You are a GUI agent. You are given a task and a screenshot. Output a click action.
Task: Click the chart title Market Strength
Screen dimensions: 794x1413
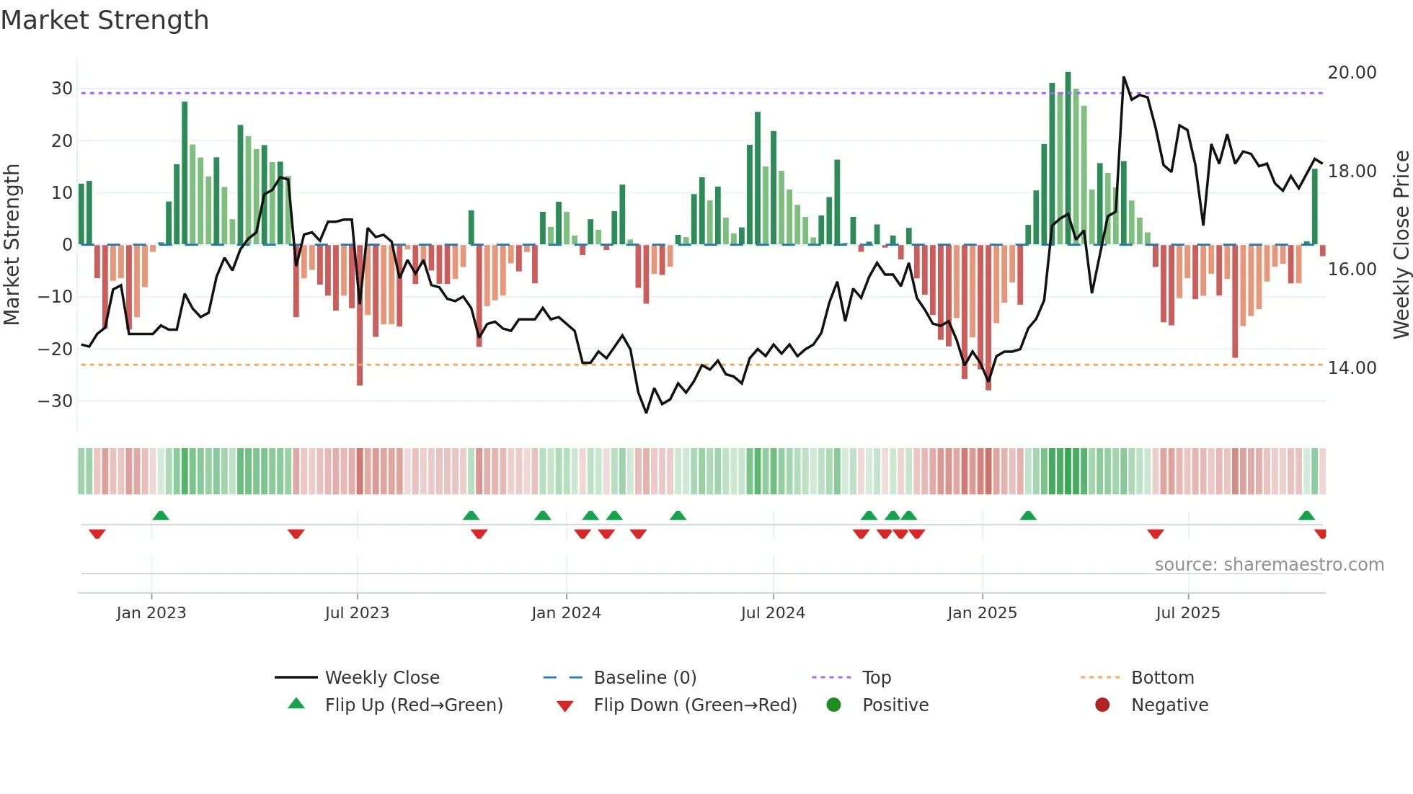pos(105,20)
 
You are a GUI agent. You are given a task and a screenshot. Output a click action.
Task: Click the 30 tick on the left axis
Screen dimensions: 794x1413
pos(62,89)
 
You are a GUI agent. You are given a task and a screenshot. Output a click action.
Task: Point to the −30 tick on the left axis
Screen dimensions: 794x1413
pos(56,401)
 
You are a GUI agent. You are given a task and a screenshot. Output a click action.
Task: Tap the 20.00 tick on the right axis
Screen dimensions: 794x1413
pos(1352,73)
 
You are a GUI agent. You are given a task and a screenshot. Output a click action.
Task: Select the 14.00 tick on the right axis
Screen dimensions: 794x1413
pos(1352,368)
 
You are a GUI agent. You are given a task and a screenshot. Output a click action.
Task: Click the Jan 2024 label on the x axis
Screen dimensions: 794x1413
pos(566,613)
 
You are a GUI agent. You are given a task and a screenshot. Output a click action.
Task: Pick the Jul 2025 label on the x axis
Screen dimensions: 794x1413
pos(1187,613)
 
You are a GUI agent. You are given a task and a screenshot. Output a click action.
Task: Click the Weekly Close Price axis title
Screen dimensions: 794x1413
pos(1401,245)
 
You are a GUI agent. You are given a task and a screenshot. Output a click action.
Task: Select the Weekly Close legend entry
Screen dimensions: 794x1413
pos(381,678)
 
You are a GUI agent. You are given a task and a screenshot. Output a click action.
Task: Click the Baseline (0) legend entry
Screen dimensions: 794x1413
pos(645,678)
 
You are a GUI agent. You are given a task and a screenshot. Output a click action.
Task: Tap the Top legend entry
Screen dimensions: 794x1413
pos(876,678)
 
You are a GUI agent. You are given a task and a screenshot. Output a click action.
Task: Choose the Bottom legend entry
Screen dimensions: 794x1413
pos(1162,678)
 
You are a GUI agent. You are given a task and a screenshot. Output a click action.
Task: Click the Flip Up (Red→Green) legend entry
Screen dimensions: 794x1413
pos(413,705)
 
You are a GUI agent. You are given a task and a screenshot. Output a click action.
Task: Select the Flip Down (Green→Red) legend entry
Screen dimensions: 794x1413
pos(695,705)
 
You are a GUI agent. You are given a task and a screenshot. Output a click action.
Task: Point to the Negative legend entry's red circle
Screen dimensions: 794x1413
pos(1102,705)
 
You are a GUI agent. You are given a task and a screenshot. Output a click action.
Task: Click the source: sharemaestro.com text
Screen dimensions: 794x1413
pos(1269,565)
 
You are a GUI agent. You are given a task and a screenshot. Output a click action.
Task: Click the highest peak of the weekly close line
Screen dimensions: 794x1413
pos(1123,78)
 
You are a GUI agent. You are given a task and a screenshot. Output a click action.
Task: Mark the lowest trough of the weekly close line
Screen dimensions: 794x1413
pos(646,412)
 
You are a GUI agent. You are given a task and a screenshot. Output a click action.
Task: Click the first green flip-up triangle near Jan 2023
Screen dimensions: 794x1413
pos(161,515)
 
